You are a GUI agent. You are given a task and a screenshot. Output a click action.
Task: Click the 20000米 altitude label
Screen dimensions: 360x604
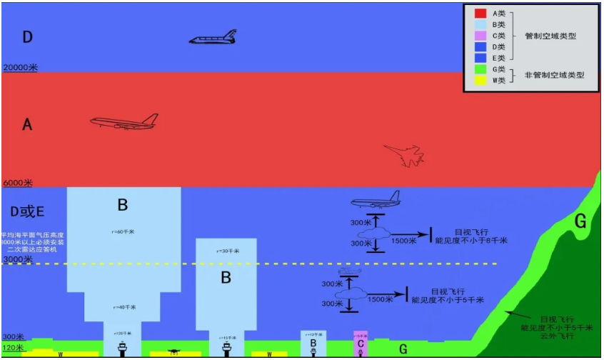point(21,67)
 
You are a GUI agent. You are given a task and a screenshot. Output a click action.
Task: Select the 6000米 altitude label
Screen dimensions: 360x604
point(19,183)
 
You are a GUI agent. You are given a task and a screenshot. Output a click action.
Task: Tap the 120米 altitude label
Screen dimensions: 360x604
point(13,348)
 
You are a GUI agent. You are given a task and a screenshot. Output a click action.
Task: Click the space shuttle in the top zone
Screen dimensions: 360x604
point(213,37)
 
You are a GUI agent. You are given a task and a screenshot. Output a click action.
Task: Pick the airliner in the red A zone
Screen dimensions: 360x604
point(124,122)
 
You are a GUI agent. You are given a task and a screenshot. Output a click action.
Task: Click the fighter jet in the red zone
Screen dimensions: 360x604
point(403,154)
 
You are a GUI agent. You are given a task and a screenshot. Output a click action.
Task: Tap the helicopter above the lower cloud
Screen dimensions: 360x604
point(349,272)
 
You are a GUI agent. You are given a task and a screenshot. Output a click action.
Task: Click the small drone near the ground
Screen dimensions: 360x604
point(173,351)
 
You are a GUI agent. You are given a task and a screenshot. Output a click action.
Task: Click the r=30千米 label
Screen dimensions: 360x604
point(226,251)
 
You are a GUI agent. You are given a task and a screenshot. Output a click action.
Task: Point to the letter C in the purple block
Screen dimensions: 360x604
point(361,344)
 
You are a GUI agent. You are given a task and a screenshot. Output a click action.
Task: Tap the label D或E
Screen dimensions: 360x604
point(27,211)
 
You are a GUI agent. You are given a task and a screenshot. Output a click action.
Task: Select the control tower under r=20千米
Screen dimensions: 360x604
point(123,348)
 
